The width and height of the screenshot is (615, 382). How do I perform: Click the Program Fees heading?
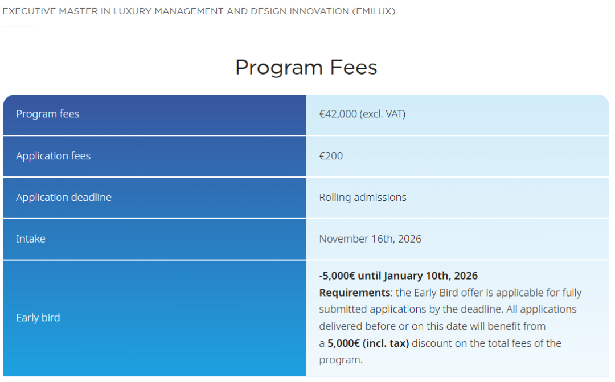[306, 67]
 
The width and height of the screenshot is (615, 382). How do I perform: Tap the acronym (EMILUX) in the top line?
[374, 11]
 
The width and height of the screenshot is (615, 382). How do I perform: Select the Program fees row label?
[48, 114]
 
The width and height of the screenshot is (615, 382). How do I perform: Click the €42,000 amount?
[338, 114]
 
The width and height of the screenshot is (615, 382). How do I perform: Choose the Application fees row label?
[53, 155]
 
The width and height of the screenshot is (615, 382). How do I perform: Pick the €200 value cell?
[331, 155]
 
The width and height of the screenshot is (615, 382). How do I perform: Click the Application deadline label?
[64, 198]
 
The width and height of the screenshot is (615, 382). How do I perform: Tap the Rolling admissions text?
[363, 198]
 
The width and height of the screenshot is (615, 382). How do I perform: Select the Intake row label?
[31, 239]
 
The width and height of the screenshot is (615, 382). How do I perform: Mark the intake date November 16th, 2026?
[370, 239]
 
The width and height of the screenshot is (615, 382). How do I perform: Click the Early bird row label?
[38, 318]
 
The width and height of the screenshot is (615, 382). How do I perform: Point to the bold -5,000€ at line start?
[337, 276]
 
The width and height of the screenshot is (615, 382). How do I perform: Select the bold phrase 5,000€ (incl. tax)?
[368, 343]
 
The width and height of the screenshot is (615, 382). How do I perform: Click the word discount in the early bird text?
[431, 343]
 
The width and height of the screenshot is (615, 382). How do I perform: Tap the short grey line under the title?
[19, 27]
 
